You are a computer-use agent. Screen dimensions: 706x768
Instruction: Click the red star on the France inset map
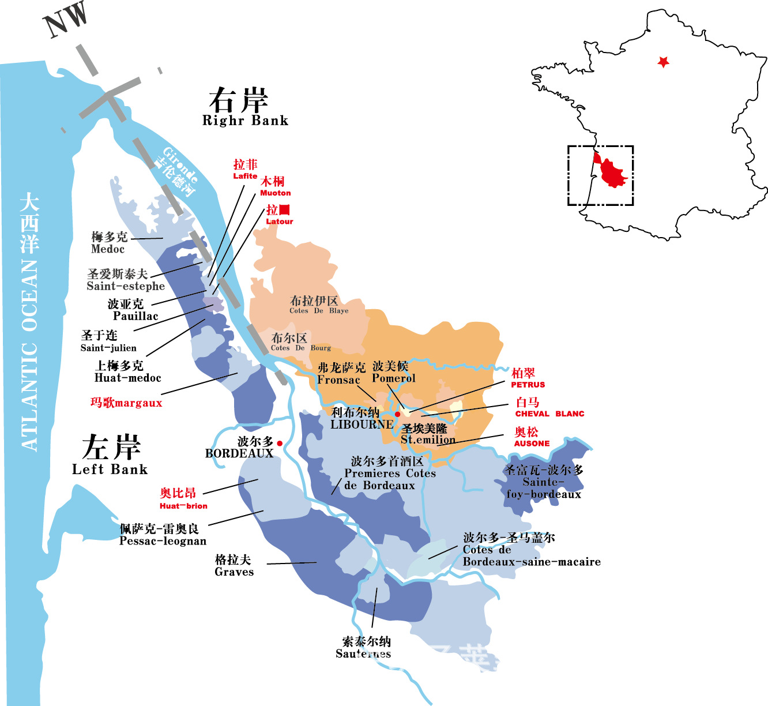point(663,62)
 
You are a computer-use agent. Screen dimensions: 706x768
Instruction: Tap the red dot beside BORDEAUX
point(280,443)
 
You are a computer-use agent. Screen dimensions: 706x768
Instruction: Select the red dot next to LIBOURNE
point(397,414)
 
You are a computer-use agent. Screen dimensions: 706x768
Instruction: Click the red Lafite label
point(245,170)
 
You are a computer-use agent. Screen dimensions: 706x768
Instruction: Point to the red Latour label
point(279,215)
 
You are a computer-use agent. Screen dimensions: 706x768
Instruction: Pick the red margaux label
point(126,403)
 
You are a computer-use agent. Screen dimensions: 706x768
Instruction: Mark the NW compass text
point(66,20)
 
